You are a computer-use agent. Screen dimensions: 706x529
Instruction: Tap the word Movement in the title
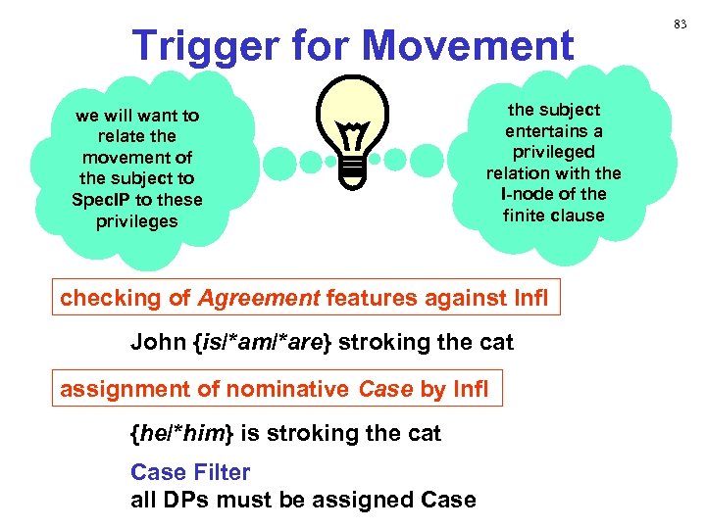click(x=470, y=46)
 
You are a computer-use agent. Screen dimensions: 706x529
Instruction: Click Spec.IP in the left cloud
click(x=111, y=200)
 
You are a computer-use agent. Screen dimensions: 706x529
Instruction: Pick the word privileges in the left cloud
click(x=137, y=221)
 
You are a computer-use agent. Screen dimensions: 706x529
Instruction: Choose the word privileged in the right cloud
click(x=554, y=152)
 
